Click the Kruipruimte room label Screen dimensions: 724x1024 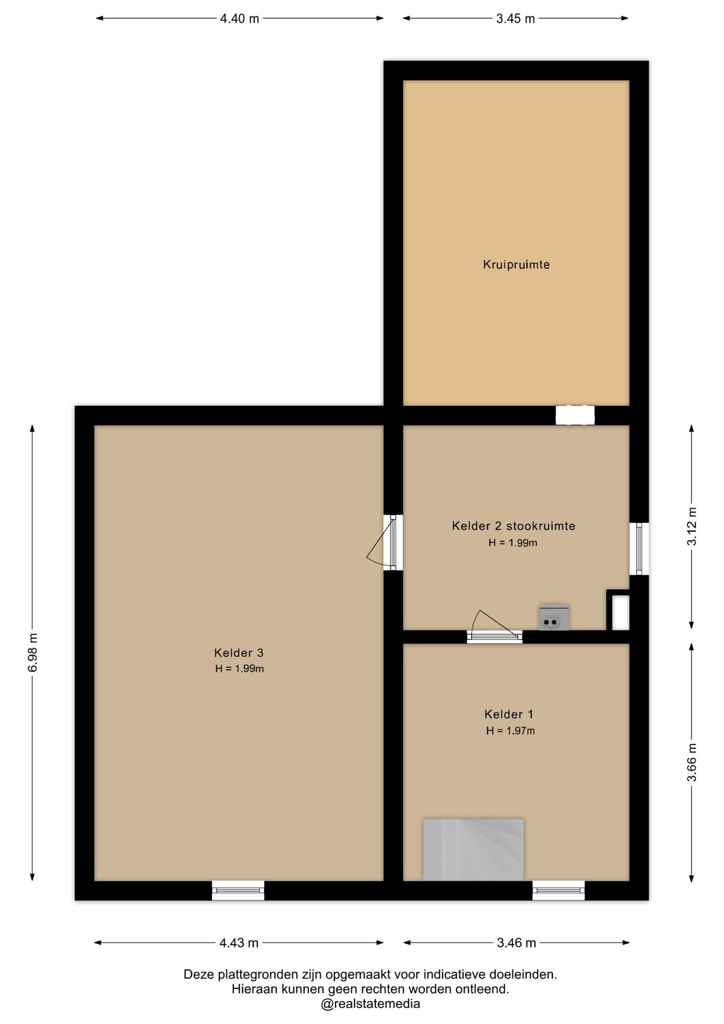[516, 265]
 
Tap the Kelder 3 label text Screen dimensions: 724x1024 [239, 652]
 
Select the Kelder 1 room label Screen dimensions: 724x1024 [509, 714]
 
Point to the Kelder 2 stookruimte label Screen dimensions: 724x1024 [513, 526]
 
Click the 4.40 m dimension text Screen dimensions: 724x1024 [239, 19]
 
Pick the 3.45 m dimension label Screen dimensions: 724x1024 [516, 19]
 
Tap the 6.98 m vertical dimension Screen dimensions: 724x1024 [33, 653]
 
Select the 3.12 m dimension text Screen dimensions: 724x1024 [691, 526]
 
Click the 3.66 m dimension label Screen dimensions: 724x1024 [691, 762]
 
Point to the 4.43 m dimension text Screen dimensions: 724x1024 [239, 943]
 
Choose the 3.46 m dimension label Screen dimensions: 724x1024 [516, 943]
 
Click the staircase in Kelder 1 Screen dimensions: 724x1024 [473, 850]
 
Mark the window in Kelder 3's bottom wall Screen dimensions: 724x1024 [238, 890]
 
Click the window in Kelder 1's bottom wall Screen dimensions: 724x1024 [559, 890]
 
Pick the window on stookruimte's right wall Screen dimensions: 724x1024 [639, 549]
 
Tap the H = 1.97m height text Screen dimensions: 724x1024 [510, 731]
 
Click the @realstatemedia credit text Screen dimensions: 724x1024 [371, 1004]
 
